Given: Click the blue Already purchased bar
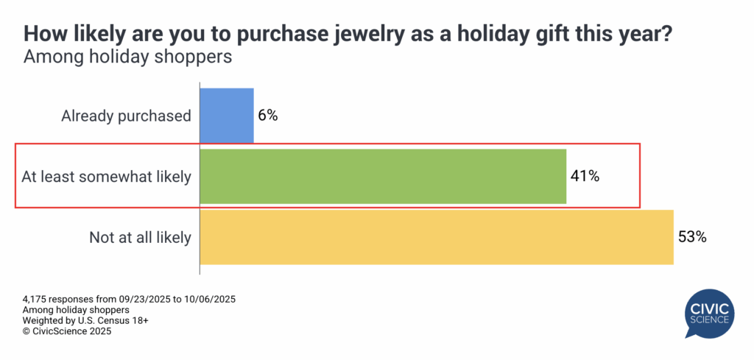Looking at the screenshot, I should point(227,116).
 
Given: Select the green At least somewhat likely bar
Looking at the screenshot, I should point(383,177).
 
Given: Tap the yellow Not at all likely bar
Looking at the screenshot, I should point(437,237).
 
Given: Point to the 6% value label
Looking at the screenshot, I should point(268,116).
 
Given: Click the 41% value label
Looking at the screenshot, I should point(585,177).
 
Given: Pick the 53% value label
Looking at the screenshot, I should point(692,237).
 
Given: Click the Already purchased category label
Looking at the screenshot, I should point(126,116).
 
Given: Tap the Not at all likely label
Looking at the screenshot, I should point(140,237).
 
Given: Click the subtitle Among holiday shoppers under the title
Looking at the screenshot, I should point(128,56).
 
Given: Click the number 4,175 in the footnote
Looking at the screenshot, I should point(35,300).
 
